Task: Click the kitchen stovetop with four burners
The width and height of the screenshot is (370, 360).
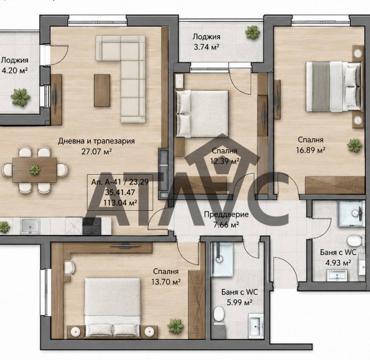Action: [92, 226]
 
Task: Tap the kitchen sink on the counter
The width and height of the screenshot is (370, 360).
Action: [30, 225]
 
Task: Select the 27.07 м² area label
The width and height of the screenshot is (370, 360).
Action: [96, 151]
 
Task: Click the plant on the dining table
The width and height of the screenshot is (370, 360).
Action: [35, 169]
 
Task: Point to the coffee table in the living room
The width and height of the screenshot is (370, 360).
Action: [102, 90]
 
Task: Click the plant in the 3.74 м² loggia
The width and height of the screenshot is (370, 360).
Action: [252, 32]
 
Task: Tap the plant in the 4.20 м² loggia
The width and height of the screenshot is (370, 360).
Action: [20, 97]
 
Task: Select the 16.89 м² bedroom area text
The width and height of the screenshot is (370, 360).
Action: [311, 150]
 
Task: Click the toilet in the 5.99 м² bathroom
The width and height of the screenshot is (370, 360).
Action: [219, 314]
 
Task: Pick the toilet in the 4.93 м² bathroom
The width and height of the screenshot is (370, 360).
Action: [354, 240]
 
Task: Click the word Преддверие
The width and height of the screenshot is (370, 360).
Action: [226, 214]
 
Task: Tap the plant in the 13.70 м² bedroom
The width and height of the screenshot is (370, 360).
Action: [176, 326]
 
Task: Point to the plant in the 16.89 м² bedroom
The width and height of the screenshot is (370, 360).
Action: [355, 146]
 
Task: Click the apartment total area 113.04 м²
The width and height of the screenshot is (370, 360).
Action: [120, 203]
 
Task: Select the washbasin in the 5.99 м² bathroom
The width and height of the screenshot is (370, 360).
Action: [256, 326]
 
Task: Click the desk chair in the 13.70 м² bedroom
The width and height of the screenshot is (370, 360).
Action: [70, 267]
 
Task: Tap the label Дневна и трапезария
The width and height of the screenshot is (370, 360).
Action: [96, 141]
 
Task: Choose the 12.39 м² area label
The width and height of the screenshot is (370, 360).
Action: [225, 161]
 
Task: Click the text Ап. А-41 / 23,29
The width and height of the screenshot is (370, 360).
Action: [120, 182]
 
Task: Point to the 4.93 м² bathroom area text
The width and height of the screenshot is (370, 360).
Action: [338, 262]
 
